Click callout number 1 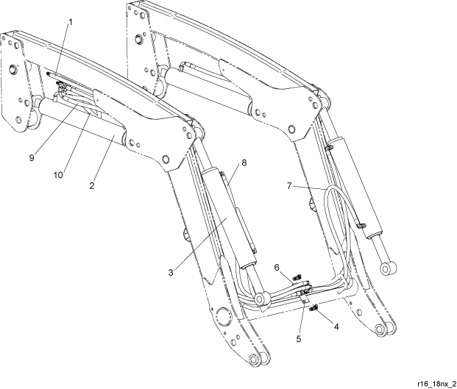[x=70, y=22]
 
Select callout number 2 [x=92, y=185]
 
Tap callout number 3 [x=171, y=273]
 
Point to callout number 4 [x=336, y=327]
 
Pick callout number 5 [x=299, y=339]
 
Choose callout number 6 [x=277, y=267]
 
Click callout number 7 [x=289, y=186]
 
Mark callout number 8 [x=244, y=163]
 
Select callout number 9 [x=32, y=157]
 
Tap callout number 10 [x=58, y=175]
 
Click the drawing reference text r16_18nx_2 [x=436, y=383]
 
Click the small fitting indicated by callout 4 [x=314, y=308]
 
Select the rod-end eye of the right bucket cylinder [x=389, y=268]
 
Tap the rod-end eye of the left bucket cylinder [x=261, y=299]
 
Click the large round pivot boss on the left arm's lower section [x=224, y=315]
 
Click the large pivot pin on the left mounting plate [x=13, y=69]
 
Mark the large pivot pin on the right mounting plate [x=139, y=39]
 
